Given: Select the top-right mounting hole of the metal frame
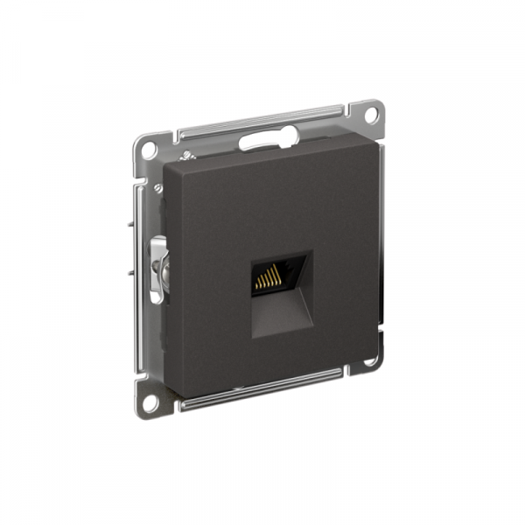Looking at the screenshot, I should (x=369, y=115).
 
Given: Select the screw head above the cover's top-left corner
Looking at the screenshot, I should (x=185, y=157).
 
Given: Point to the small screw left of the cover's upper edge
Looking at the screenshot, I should (x=158, y=187).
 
